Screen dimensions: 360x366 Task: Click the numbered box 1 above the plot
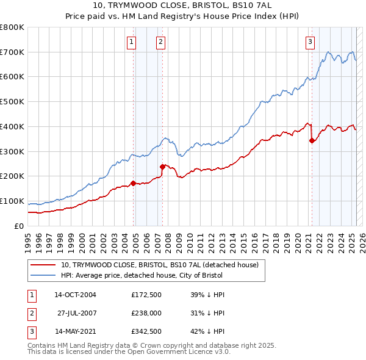coord(132,42)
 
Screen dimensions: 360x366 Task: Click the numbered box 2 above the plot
coord(160,42)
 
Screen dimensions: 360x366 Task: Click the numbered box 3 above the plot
coord(310,42)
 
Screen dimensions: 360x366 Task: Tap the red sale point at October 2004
coord(133,182)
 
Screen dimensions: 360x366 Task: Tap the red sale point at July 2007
coord(163,166)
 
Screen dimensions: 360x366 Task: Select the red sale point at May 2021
coord(312,140)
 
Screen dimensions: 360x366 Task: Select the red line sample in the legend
coord(43,265)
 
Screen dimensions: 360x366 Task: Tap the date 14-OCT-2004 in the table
coord(75,295)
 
